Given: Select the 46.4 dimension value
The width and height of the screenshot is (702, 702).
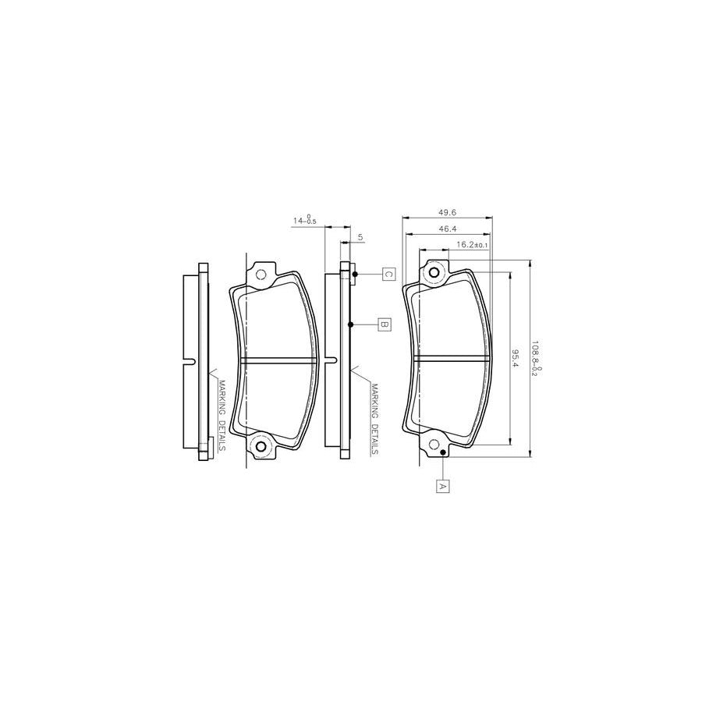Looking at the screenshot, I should coord(446,229).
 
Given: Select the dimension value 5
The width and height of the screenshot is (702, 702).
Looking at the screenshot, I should coord(360,236).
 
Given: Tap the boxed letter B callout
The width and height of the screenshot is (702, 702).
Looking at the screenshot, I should coord(383,324).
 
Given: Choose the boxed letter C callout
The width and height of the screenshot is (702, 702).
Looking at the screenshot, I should coord(388,274).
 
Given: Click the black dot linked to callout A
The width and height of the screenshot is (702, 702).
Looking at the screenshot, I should coord(442,453).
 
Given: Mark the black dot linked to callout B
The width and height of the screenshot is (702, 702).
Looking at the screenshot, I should coord(352,324).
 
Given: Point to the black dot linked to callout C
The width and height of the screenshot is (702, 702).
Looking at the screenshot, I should coord(355,274).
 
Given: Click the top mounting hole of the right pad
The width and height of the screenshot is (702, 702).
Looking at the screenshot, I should coord(433,273).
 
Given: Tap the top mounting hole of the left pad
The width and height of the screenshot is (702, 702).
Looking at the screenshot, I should coord(261,275).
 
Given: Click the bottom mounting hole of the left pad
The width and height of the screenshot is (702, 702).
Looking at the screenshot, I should coord(261,447).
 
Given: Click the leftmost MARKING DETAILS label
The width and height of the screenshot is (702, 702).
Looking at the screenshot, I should coord(222,416).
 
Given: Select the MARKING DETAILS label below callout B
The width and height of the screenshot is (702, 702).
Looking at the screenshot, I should coord(375,418).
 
